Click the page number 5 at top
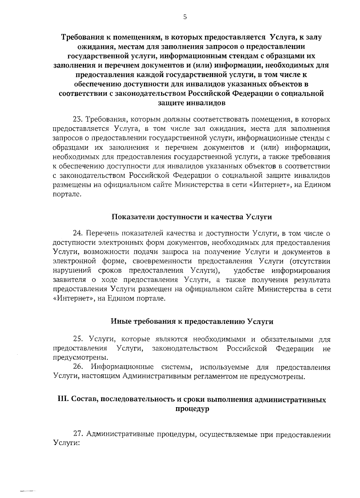[185, 17]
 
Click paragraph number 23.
[78, 120]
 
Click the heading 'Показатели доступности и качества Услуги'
[192, 217]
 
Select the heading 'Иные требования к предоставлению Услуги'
[192, 322]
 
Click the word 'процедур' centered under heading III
[192, 409]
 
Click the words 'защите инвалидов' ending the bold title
[192, 103]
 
